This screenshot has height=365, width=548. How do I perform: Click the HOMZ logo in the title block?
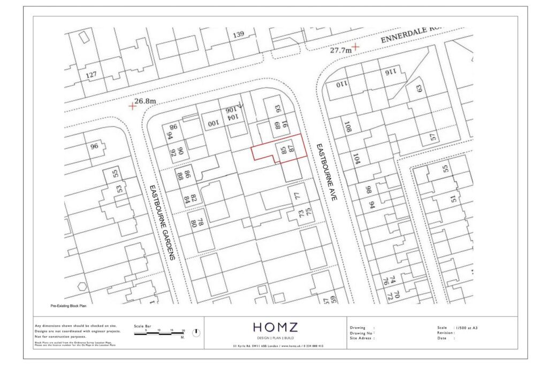click(275, 328)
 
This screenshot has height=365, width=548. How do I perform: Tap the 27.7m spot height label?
click(341, 50)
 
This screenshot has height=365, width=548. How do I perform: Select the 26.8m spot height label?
click(145, 101)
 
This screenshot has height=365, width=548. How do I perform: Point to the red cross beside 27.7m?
click(355, 47)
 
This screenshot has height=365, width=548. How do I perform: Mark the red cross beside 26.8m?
click(132, 106)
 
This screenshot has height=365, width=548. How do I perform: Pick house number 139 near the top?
click(238, 35)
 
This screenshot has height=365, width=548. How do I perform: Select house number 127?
click(92, 74)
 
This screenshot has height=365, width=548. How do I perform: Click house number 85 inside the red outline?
click(283, 151)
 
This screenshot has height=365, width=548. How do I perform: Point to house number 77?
click(298, 196)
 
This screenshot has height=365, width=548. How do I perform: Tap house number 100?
click(214, 124)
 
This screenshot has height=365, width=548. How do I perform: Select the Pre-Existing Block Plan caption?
click(68, 306)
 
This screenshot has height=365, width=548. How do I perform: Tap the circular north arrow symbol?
click(196, 332)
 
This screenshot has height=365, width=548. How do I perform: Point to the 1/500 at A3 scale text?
click(466, 328)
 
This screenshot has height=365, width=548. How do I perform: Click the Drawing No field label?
click(361, 333)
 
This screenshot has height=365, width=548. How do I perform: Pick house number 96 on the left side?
click(95, 146)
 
